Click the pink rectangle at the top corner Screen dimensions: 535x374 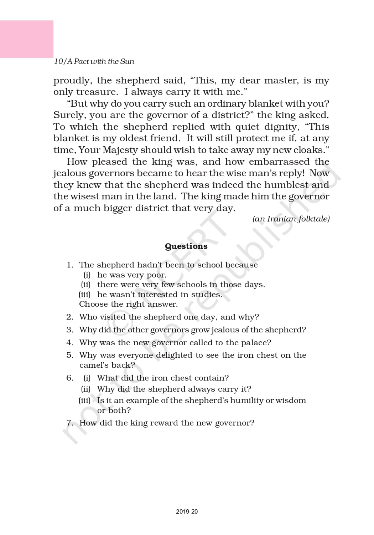26,39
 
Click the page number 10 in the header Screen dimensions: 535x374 58,61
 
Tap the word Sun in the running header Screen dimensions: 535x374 127,61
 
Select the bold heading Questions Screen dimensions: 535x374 186,246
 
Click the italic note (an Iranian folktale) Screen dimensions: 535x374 291,219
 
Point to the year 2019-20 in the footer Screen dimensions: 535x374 187,511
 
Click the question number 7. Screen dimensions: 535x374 70,423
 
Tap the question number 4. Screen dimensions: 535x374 70,343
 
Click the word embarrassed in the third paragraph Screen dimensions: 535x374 279,162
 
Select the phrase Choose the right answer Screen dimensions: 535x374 128,304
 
